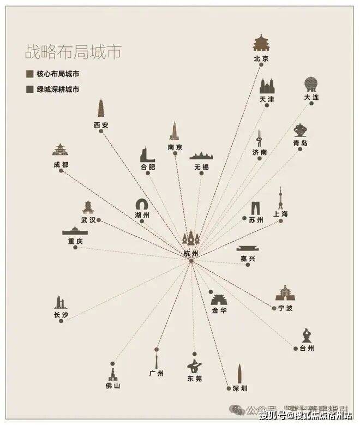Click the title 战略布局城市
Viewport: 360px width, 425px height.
[73, 52]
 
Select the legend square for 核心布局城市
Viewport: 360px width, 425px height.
[29, 74]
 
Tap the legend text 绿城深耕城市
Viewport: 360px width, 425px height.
[57, 89]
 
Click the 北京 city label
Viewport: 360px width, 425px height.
[261, 58]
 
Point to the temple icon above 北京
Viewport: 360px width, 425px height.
[261, 43]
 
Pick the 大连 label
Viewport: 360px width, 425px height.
[311, 97]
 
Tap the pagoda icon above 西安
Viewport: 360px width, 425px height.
[101, 110]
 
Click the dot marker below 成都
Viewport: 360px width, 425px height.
[61, 171]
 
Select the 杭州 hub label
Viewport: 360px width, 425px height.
[191, 254]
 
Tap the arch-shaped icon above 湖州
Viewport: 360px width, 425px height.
[142, 205]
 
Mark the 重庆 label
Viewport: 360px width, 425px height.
[75, 241]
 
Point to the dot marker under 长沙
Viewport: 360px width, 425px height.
[61, 321]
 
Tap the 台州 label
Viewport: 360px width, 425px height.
[307, 348]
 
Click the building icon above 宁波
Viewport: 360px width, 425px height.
[284, 294]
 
